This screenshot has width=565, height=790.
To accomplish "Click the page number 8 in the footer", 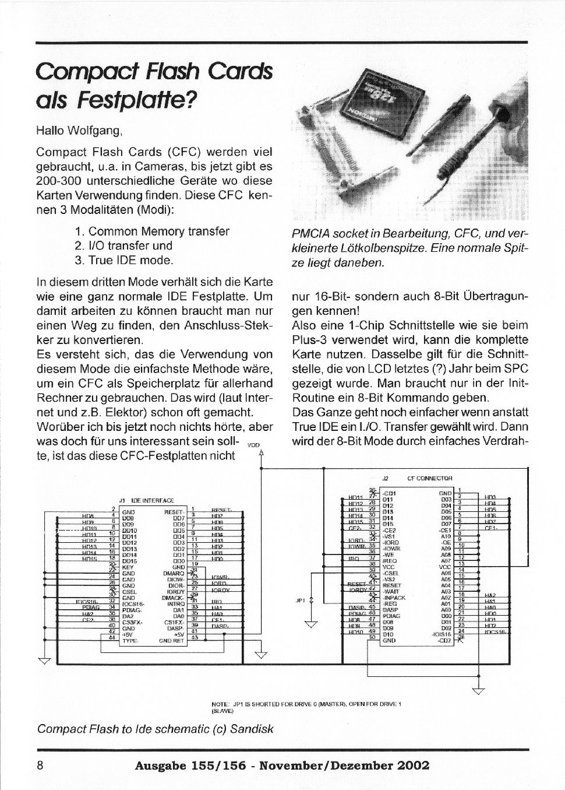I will pyautogui.click(x=40, y=765).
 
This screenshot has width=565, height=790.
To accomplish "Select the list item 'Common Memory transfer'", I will pyautogui.click(x=158, y=231).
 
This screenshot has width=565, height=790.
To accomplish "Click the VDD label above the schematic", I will pyautogui.click(x=253, y=444).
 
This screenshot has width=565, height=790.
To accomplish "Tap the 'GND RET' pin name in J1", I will pyautogui.click(x=172, y=640).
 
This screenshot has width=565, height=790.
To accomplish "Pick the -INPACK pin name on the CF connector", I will pyautogui.click(x=394, y=598).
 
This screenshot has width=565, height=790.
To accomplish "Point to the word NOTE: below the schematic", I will pyautogui.click(x=220, y=704).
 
